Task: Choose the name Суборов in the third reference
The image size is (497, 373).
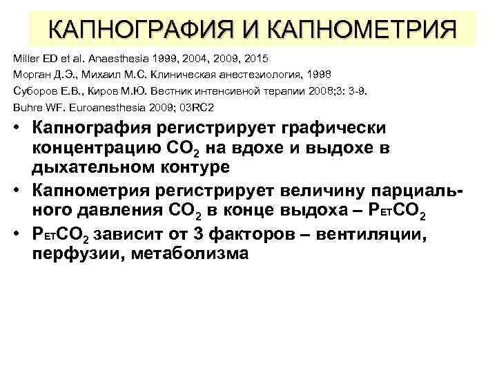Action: click(33, 91)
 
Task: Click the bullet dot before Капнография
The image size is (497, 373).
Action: click(17, 131)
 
